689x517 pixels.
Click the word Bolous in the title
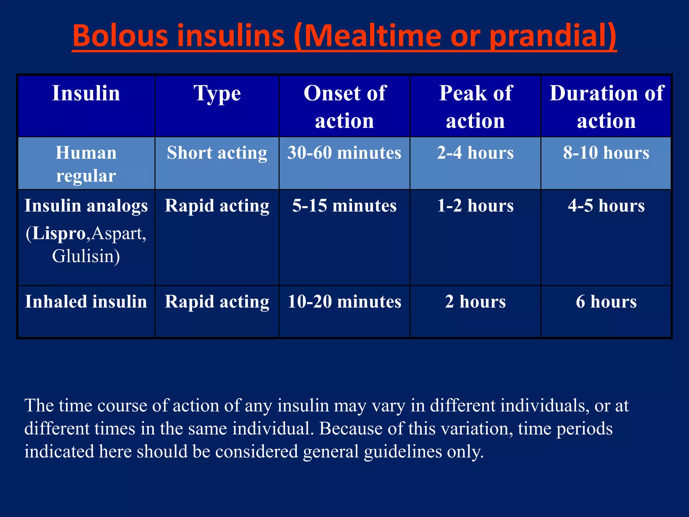tap(120, 36)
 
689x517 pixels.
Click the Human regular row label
tap(86, 164)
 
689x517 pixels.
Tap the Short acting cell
tap(217, 153)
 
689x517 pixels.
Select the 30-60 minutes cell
tap(344, 153)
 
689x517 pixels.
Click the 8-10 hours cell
tap(606, 153)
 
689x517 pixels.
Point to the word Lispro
tap(59, 233)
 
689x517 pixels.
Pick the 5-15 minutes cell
tap(344, 206)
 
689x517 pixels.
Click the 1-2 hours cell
tap(475, 206)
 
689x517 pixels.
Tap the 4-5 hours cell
tap(606, 206)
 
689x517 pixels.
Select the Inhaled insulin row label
tap(86, 302)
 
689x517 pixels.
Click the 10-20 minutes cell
tap(344, 302)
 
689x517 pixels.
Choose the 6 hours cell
tap(606, 302)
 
